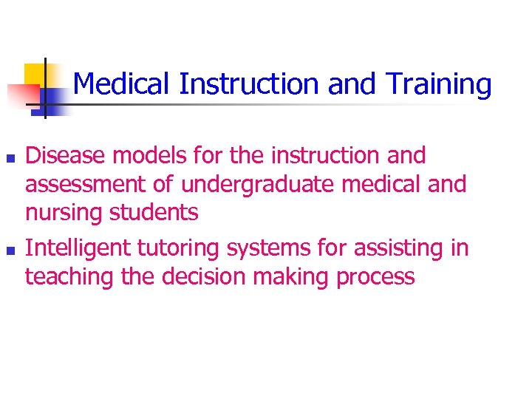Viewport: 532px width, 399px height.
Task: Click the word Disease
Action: tap(69, 156)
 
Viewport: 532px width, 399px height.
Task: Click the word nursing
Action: tap(64, 213)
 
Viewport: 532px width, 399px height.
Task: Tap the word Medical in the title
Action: tap(123, 84)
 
